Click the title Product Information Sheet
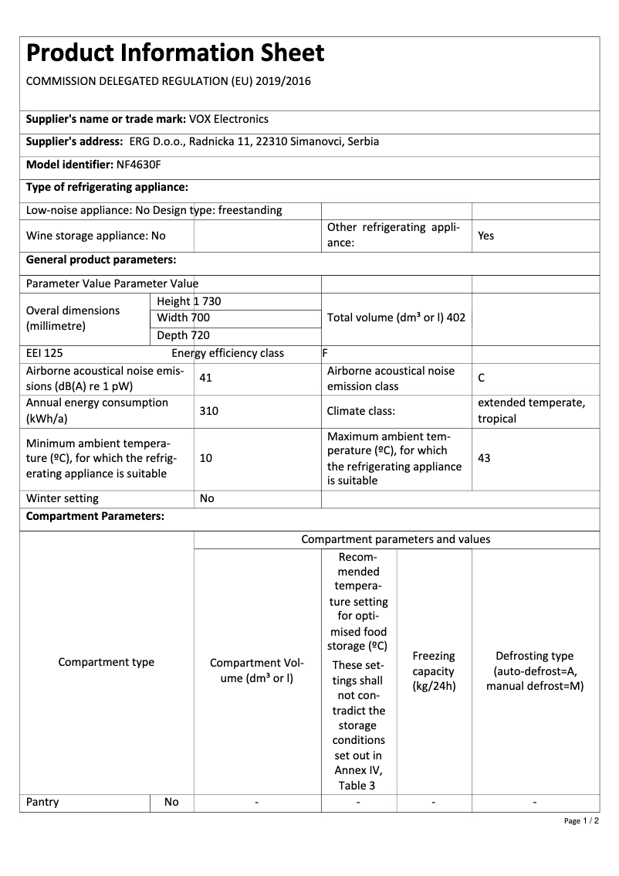pyautogui.click(x=175, y=53)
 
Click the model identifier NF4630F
pyautogui.click(x=138, y=165)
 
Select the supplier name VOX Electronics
pyautogui.click(x=228, y=119)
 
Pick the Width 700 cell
pyautogui.click(x=183, y=317)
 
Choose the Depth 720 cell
pyautogui.click(x=183, y=335)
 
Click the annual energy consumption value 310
pyautogui.click(x=208, y=411)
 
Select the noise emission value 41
pyautogui.click(x=205, y=379)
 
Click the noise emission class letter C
pyautogui.click(x=482, y=379)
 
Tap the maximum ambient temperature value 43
pyautogui.click(x=484, y=458)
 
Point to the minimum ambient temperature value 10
pyautogui.click(x=205, y=458)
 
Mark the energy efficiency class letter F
pyautogui.click(x=325, y=354)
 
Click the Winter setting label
pyautogui.click(x=63, y=498)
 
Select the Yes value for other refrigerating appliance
pyautogui.click(x=485, y=236)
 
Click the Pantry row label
pyautogui.click(x=42, y=802)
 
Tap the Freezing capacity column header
pyautogui.click(x=434, y=671)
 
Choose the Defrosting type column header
pyautogui.click(x=535, y=671)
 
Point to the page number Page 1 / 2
pyautogui.click(x=581, y=820)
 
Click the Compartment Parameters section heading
pyautogui.click(x=95, y=516)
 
